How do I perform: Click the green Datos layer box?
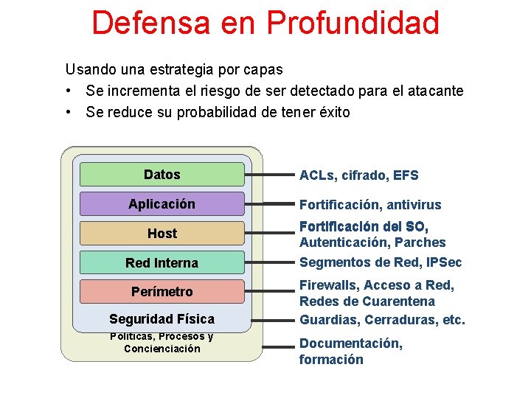[162, 175]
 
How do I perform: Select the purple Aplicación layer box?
[162, 204]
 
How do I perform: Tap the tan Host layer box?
[162, 234]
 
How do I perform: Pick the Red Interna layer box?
[162, 263]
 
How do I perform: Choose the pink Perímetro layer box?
[162, 292]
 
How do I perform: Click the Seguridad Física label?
[162, 319]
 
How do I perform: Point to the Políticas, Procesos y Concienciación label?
[162, 343]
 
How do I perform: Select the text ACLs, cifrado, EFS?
[358, 175]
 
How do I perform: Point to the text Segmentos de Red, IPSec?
[381, 263]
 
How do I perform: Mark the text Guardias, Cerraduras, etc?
[382, 320]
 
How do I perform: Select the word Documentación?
[350, 343]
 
